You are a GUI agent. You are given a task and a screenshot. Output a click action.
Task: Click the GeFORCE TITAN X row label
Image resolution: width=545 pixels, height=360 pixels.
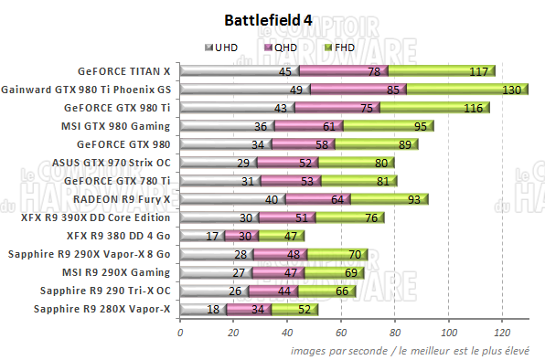(124, 70)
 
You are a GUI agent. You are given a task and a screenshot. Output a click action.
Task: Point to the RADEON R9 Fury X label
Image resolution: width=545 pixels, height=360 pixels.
(122, 198)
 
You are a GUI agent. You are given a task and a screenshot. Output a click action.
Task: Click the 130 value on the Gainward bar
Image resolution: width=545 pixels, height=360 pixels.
(512, 90)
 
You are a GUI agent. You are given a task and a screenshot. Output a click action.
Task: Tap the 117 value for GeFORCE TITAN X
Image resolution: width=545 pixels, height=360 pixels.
(477, 71)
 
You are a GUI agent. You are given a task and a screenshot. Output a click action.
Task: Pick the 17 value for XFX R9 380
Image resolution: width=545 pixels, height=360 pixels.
(213, 236)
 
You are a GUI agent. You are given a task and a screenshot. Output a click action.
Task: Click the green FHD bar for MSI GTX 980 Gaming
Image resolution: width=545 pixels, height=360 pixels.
(389, 125)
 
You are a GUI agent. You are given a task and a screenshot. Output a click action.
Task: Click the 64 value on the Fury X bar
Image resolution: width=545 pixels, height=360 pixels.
(337, 199)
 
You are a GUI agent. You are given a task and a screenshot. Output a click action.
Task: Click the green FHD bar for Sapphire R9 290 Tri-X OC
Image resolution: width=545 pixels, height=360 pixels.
(327, 291)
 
